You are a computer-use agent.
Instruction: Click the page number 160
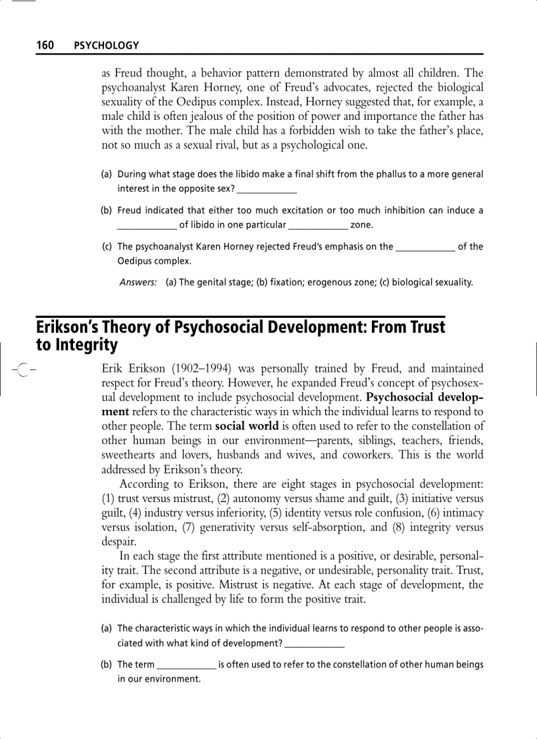45,45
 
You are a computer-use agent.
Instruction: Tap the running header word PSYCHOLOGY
106,45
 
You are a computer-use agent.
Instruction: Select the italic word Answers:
138,282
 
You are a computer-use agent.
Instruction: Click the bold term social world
247,426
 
